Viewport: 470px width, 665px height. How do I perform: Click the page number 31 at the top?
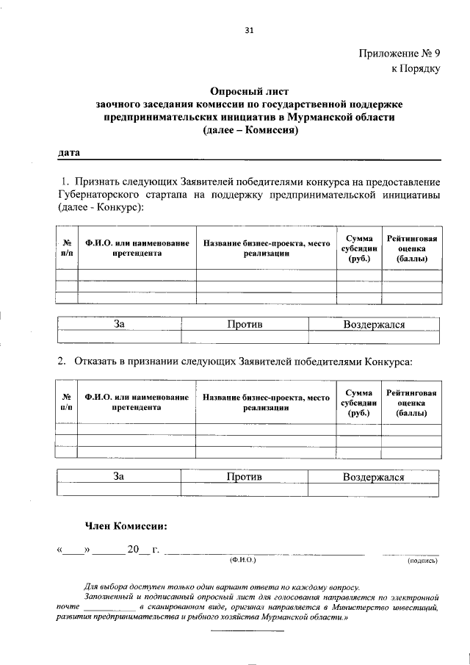248,30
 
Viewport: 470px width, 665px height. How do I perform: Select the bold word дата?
68,152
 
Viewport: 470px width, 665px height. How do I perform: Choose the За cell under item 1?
120,324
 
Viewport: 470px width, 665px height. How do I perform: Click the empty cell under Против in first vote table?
245,337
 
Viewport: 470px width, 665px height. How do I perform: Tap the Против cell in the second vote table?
245,476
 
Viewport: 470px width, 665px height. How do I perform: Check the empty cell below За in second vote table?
120,489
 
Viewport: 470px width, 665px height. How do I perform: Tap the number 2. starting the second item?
62,362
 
